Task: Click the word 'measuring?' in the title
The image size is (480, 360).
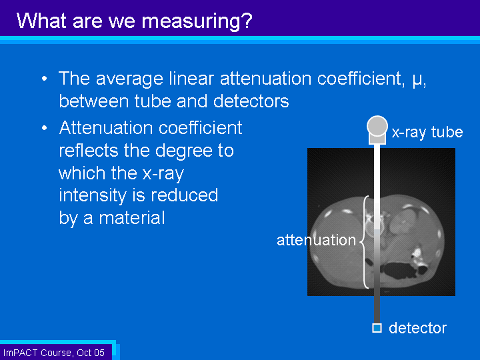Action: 197,21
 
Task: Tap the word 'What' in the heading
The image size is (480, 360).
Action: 41,21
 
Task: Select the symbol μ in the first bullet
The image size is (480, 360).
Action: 417,79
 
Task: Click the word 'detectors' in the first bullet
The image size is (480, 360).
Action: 251,101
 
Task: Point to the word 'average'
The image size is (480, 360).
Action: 129,79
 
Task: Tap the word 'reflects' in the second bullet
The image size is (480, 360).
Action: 89,150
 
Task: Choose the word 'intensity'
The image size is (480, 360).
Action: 93,196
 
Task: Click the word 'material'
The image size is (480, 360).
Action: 132,217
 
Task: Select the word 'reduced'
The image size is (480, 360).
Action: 184,195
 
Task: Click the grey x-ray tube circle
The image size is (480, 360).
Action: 377,126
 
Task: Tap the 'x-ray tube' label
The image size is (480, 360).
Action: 427,132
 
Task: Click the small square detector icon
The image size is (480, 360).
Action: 377,328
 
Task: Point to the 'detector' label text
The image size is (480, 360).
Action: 417,328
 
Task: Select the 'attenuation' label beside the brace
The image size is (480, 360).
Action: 316,240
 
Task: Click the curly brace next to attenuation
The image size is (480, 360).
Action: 364,242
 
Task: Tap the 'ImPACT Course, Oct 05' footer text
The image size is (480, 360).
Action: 54,353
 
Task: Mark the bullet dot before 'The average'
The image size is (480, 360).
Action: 45,79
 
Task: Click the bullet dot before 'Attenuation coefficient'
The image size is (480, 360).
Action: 45,128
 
